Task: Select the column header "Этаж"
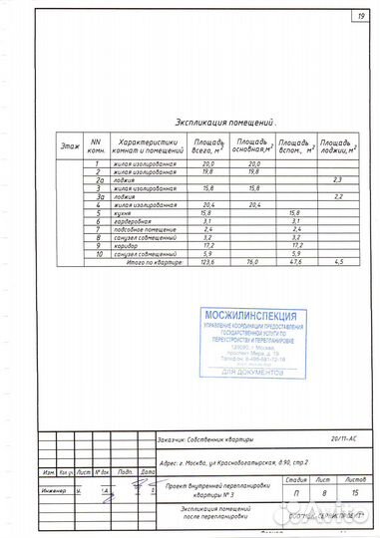(x=69, y=146)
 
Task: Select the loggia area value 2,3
(x=338, y=179)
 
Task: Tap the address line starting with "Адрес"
(x=218, y=463)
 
